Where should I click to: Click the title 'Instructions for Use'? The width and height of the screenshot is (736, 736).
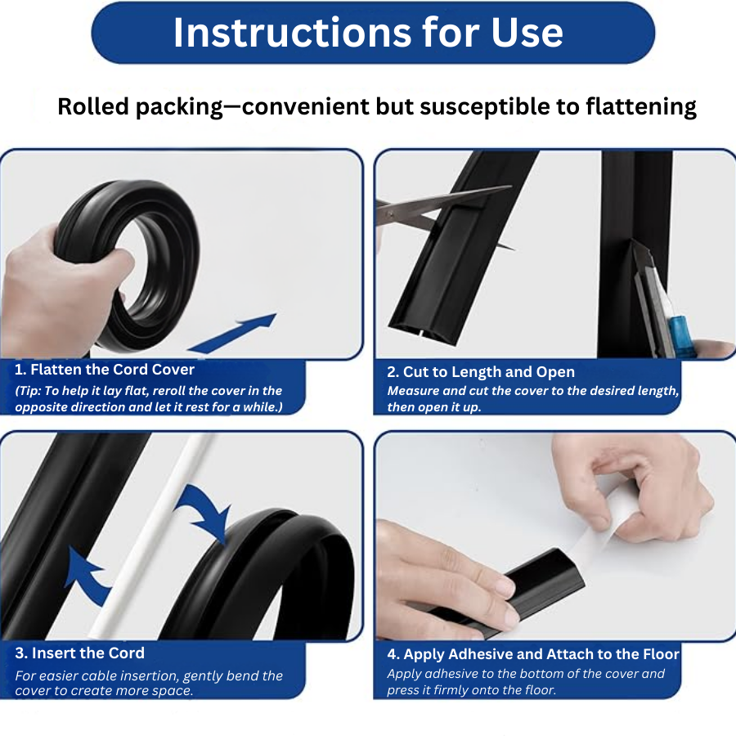click(x=368, y=33)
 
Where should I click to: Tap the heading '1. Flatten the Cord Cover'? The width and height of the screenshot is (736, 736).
click(x=105, y=370)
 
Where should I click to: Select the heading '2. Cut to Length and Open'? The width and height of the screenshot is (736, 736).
click(x=481, y=372)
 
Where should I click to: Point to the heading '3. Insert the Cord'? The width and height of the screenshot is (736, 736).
click(x=79, y=653)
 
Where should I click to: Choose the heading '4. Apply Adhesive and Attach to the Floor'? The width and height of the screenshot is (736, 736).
click(x=533, y=654)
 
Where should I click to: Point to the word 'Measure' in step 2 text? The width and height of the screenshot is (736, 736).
click(x=414, y=391)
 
